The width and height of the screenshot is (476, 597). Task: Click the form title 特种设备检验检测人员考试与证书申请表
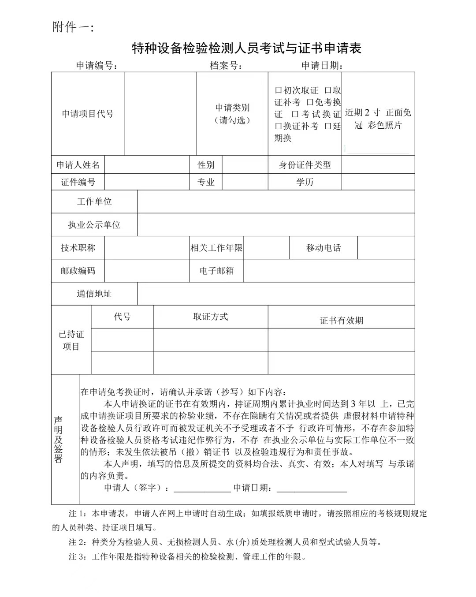pyautogui.click(x=247, y=48)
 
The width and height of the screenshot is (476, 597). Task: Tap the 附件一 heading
pyautogui.click(x=73, y=27)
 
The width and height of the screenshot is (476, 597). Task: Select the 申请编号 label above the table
pyautogui.click(x=97, y=66)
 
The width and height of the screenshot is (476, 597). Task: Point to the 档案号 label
pyautogui.click(x=226, y=66)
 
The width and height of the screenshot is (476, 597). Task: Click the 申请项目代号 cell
pyautogui.click(x=88, y=114)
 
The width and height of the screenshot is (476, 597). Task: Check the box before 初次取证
pyautogui.click(x=278, y=91)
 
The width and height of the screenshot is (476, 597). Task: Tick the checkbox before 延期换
pyautogui.click(x=327, y=127)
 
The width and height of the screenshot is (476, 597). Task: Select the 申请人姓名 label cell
pyautogui.click(x=78, y=165)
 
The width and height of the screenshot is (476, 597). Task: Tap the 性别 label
pyautogui.click(x=206, y=165)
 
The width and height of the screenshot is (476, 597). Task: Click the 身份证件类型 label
pyautogui.click(x=305, y=165)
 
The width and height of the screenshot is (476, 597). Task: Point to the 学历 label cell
pyautogui.click(x=305, y=182)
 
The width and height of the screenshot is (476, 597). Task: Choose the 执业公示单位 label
pyautogui.click(x=94, y=225)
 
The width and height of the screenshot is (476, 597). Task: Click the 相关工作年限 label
pyautogui.click(x=216, y=248)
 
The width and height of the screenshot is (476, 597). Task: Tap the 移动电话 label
pyautogui.click(x=324, y=248)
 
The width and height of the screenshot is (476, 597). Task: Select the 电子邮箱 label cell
pyautogui.click(x=216, y=271)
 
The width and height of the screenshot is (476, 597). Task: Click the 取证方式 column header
pyautogui.click(x=210, y=317)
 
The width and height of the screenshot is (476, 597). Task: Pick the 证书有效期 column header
pyautogui.click(x=341, y=321)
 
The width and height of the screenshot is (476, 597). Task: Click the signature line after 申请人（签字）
pyautogui.click(x=202, y=489)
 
